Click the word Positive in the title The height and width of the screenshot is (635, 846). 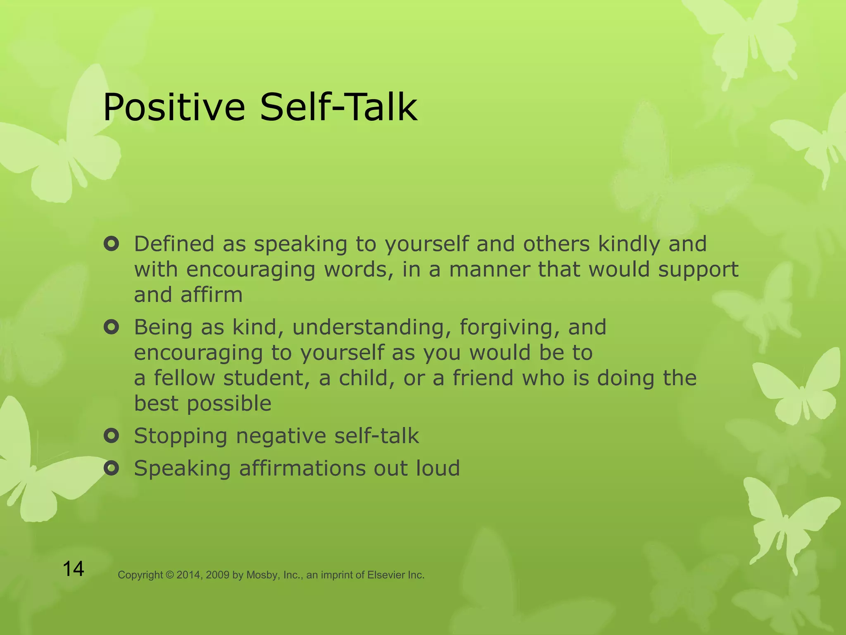(174, 107)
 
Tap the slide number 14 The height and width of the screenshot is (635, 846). (74, 569)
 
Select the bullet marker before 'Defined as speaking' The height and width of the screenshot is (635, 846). (112, 244)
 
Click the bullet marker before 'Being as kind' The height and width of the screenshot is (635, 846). (112, 327)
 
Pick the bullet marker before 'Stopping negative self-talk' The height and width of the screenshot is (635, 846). (112, 436)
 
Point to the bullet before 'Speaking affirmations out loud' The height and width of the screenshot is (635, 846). (112, 468)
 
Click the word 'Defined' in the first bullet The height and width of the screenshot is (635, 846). (174, 244)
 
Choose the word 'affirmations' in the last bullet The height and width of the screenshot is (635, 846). (302, 468)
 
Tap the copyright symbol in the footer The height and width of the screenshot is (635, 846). (170, 575)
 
